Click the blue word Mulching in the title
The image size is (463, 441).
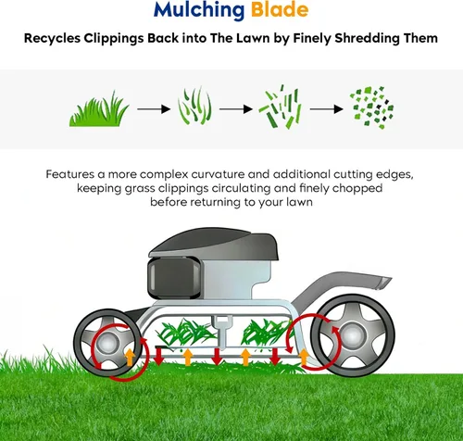point(199,10)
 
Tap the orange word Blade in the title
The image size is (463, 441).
point(280,9)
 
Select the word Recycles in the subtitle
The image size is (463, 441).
point(52,39)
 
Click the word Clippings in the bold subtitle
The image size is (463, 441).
point(114,39)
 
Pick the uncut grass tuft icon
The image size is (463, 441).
point(99,108)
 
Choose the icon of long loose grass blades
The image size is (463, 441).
point(194,106)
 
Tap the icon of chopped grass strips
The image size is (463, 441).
point(280,107)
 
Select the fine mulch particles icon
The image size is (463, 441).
point(371,107)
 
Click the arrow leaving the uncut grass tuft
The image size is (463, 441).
point(154,109)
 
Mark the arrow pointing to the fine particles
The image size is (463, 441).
point(327,109)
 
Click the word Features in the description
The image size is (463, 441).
point(69,174)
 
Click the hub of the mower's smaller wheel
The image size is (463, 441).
point(106,343)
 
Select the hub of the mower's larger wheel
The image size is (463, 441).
point(353,335)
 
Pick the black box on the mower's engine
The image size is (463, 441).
point(175,278)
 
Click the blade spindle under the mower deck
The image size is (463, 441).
point(222,332)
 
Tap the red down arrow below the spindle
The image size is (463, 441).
point(217,357)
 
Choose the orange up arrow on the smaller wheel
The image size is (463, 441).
point(130,358)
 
